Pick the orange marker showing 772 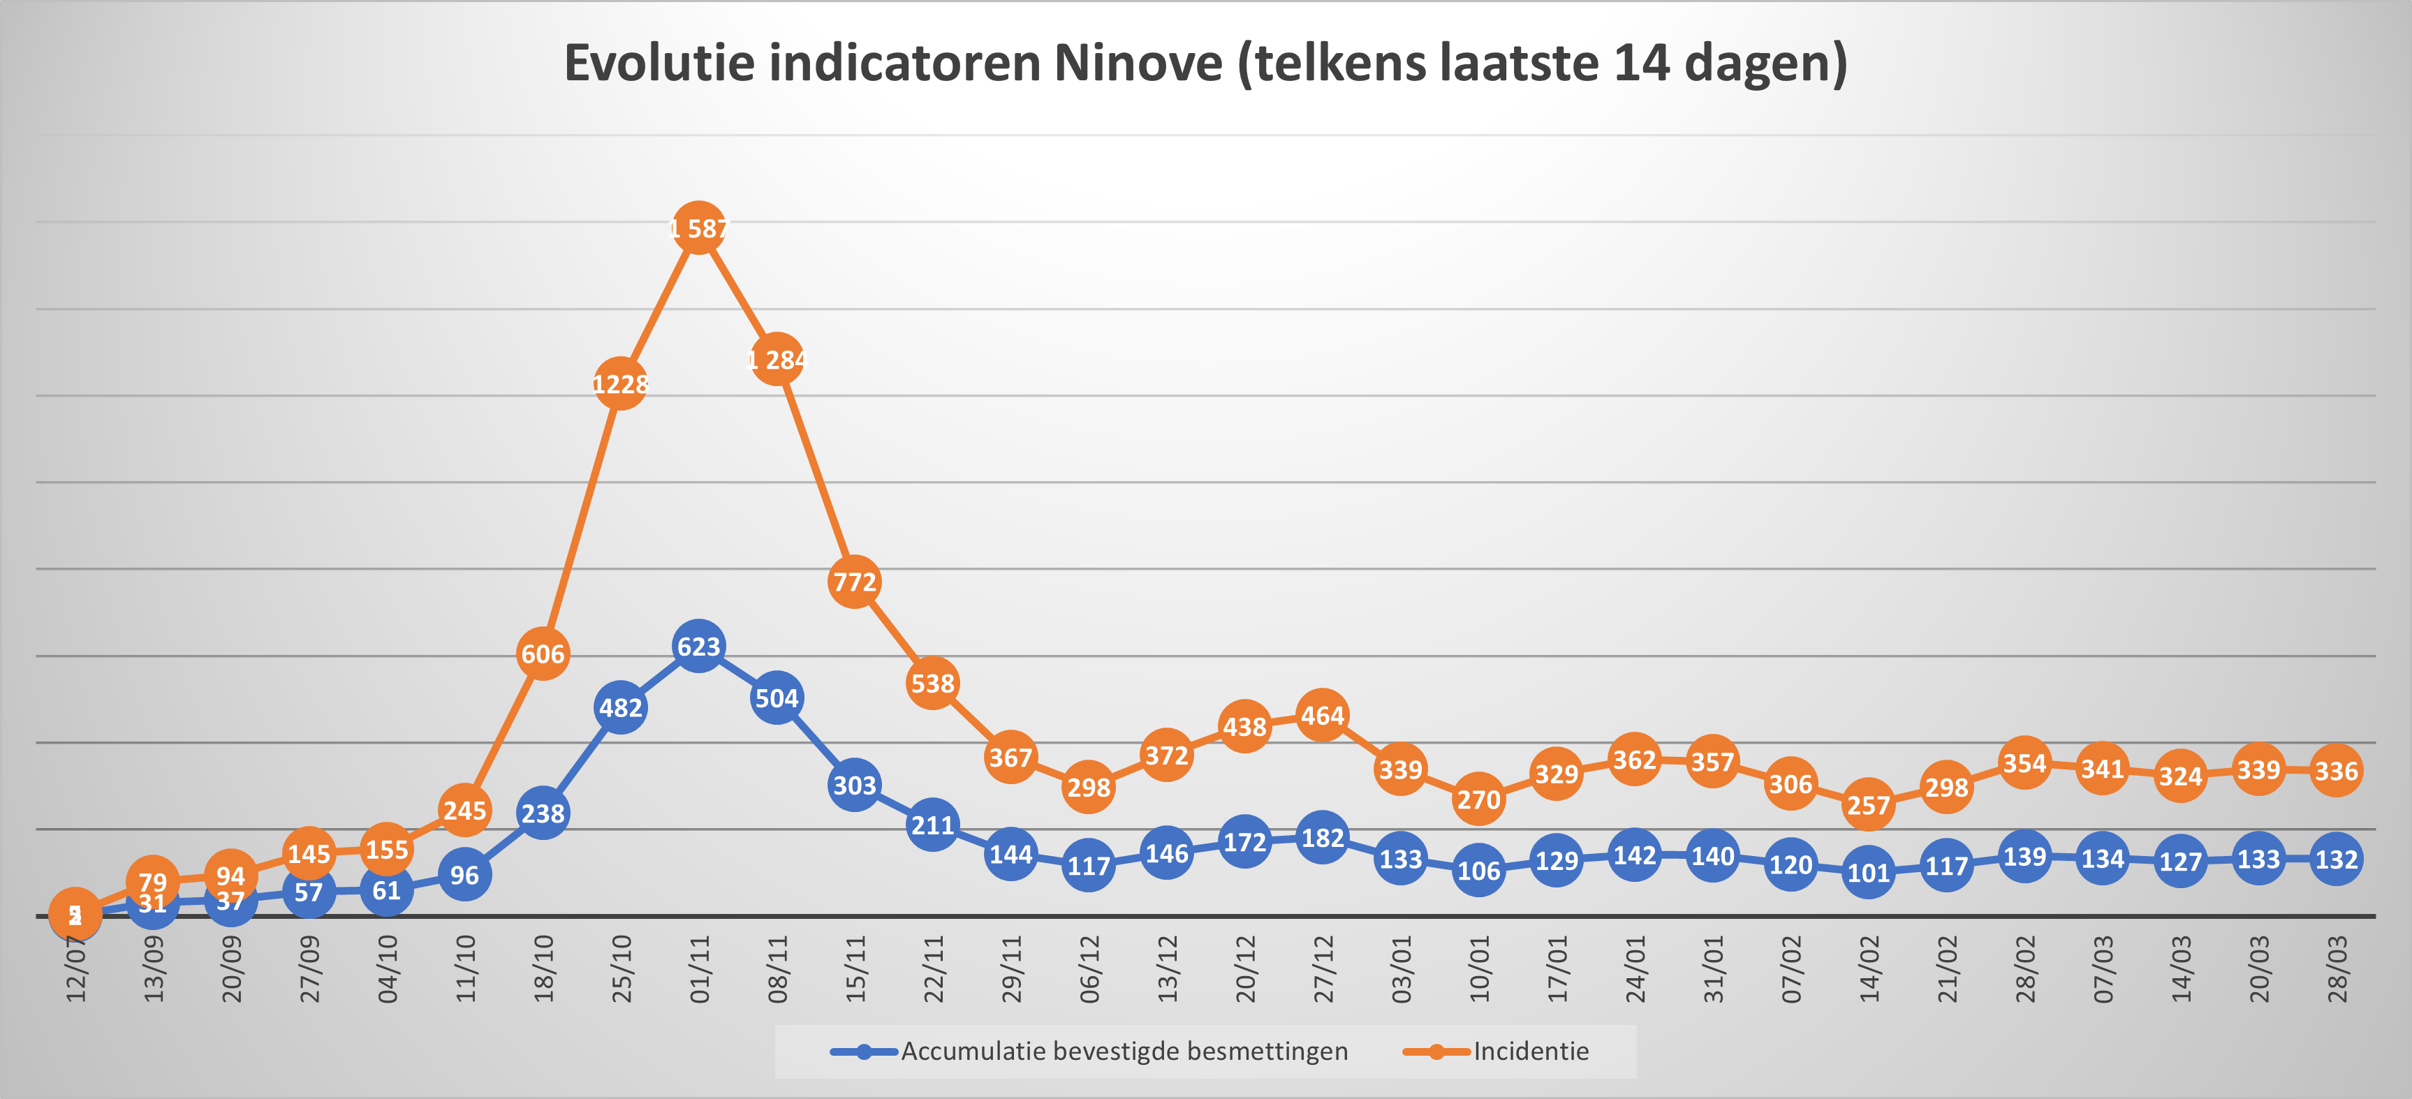tap(854, 582)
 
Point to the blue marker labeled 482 tap(620, 708)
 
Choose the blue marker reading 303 tap(854, 785)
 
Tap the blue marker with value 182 tap(1322, 838)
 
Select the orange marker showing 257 tap(1868, 805)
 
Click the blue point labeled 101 tap(1868, 873)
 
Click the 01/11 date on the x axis tap(700, 970)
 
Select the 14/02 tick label tap(1869, 970)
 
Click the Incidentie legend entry tap(1530, 1052)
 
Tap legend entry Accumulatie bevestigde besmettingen tap(1124, 1052)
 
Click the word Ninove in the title tap(1138, 64)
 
